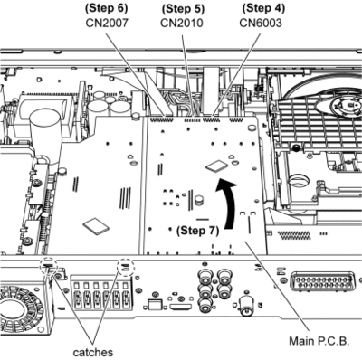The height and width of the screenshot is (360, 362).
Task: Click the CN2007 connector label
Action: (x=107, y=23)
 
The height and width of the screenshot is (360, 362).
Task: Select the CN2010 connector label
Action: (x=182, y=23)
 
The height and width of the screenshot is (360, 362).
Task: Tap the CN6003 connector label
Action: (x=261, y=23)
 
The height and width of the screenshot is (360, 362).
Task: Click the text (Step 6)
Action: (x=106, y=8)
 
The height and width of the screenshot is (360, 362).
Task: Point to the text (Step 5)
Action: (x=183, y=9)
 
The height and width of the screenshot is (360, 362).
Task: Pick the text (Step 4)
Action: (x=263, y=8)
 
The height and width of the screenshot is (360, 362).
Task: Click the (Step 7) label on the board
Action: (x=198, y=231)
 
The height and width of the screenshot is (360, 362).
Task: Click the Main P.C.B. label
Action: (x=319, y=341)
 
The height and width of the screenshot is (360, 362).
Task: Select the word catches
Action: (x=93, y=352)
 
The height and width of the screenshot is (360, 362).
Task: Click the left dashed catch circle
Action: (x=49, y=266)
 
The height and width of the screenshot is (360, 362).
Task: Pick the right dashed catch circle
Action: (x=126, y=267)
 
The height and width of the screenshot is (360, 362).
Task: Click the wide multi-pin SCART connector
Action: (x=322, y=282)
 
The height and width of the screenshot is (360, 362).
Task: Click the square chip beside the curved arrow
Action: (x=216, y=166)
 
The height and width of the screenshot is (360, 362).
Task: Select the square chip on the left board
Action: (x=96, y=226)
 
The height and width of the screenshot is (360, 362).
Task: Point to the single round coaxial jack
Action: (x=248, y=308)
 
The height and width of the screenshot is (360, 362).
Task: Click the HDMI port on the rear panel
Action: (x=181, y=308)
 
